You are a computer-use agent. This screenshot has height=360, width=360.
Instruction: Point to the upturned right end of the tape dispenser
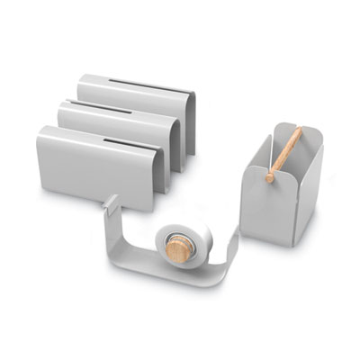[231, 248]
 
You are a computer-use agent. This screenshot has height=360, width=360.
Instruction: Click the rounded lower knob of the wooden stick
[269, 177]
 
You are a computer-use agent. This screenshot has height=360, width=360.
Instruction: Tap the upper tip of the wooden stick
[299, 131]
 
